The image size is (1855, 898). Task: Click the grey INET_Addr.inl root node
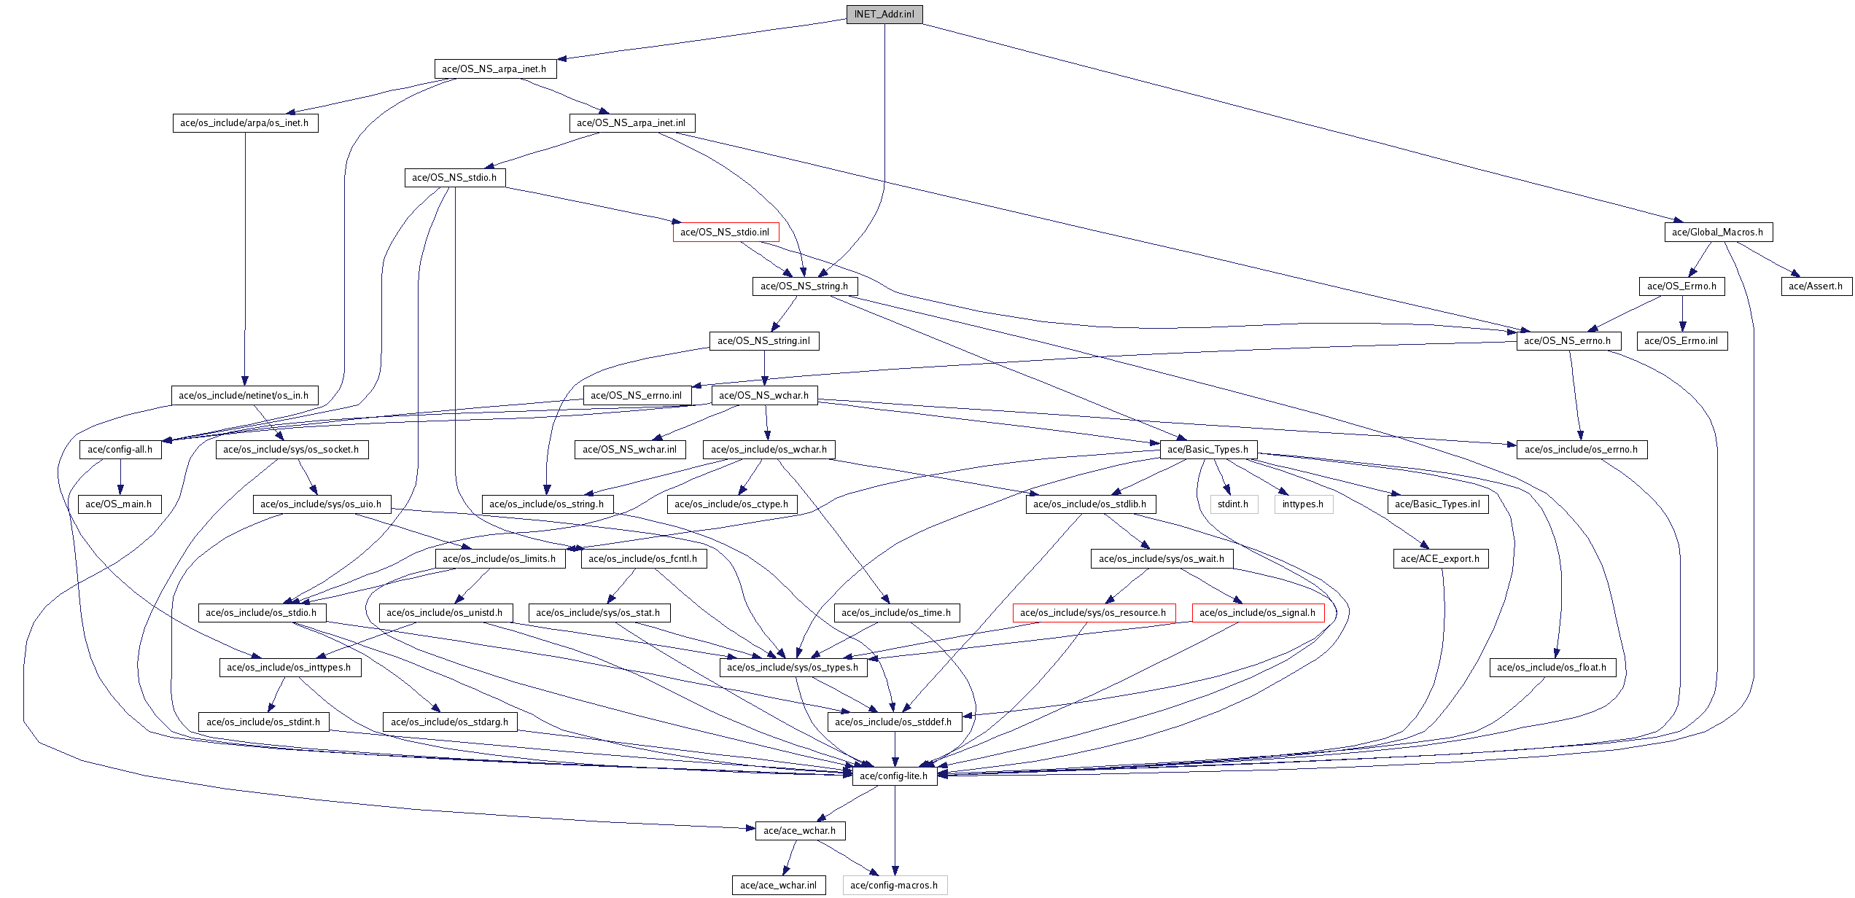click(x=884, y=15)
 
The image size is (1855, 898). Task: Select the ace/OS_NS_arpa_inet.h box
click(x=494, y=69)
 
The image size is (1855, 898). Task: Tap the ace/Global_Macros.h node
click(x=1717, y=233)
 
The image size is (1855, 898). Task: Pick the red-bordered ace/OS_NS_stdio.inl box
click(x=725, y=233)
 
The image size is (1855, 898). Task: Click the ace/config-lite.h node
click(x=894, y=776)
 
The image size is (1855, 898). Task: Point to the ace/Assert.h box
click(x=1815, y=286)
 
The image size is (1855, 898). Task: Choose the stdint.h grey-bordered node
click(x=1233, y=504)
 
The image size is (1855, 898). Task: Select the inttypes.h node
click(x=1303, y=504)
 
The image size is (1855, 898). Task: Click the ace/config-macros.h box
click(x=894, y=886)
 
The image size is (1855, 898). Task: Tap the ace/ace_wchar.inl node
click(x=779, y=886)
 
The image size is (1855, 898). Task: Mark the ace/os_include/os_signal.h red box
click(x=1257, y=613)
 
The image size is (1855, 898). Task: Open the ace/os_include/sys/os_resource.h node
click(x=1093, y=613)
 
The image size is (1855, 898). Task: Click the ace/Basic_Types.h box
click(x=1207, y=450)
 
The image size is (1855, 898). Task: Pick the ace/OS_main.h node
click(x=119, y=504)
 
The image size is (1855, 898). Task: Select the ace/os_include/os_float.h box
click(x=1552, y=668)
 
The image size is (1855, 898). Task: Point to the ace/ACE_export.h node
click(x=1440, y=559)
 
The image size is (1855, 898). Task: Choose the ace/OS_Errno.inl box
click(x=1681, y=341)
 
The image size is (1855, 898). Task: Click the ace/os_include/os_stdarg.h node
click(x=449, y=722)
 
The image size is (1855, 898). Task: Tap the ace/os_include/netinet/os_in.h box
click(x=244, y=396)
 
